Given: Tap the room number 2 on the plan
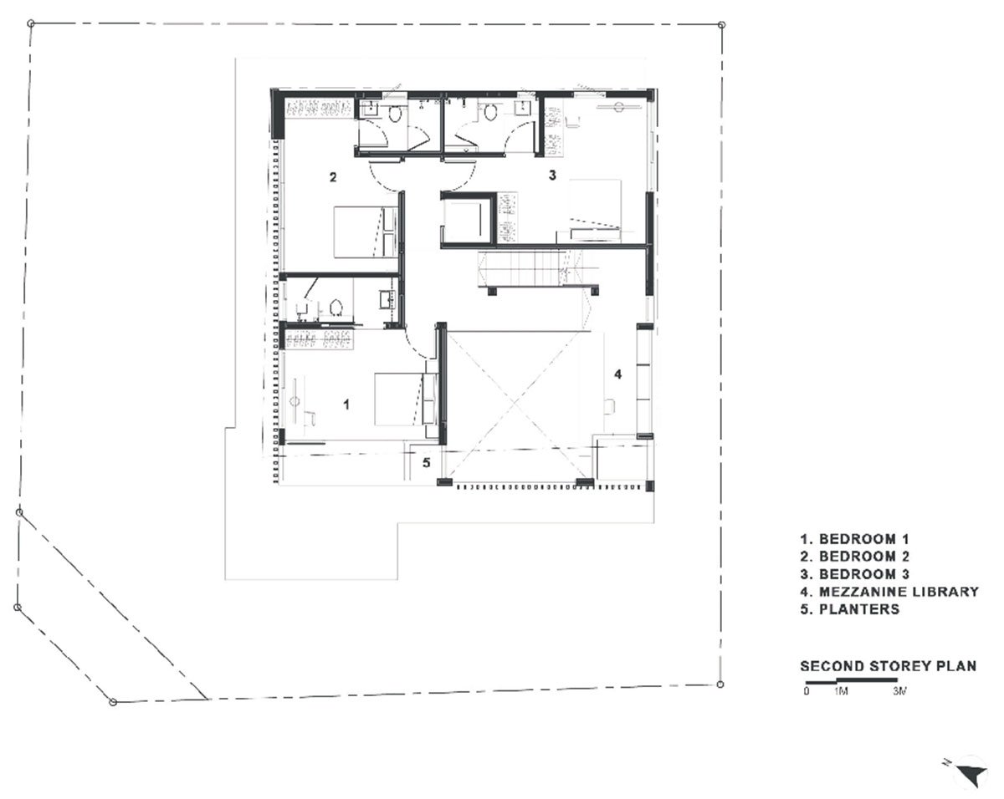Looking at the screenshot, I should click(333, 177).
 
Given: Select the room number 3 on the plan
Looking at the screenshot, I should click(552, 176).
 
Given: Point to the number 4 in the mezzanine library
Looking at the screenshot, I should click(617, 374).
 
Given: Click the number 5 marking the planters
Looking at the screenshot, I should click(426, 462).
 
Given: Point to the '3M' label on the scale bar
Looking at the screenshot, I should click(900, 692).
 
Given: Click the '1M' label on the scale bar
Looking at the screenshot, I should click(842, 692).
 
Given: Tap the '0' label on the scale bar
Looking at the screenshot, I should click(806, 692).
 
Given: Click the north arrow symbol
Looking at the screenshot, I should click(971, 771).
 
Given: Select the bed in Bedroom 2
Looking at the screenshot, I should click(365, 232).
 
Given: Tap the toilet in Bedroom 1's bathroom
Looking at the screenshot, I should click(336, 308).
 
